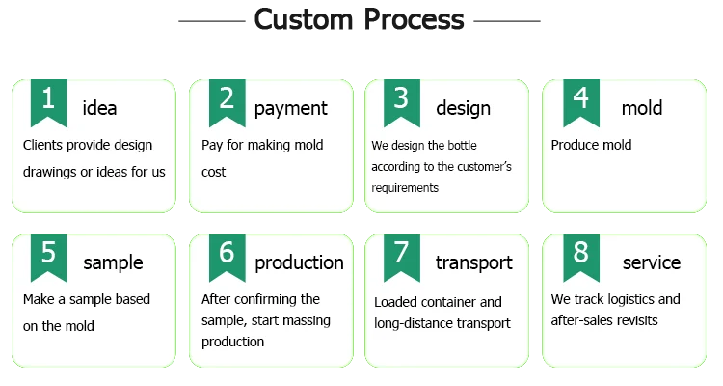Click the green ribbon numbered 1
click(49, 101)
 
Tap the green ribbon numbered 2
click(228, 101)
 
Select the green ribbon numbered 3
click(402, 101)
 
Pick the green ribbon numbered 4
click(581, 101)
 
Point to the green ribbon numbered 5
click(49, 256)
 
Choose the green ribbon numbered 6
click(228, 256)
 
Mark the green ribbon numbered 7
click(402, 256)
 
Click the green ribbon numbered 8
click(581, 256)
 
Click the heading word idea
click(100, 108)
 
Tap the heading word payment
click(290, 108)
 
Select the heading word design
click(463, 108)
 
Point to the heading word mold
click(642, 108)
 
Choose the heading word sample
click(113, 262)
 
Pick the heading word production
click(299, 262)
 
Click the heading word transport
click(473, 262)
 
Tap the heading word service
click(652, 262)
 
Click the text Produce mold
click(591, 145)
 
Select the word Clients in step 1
click(44, 145)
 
